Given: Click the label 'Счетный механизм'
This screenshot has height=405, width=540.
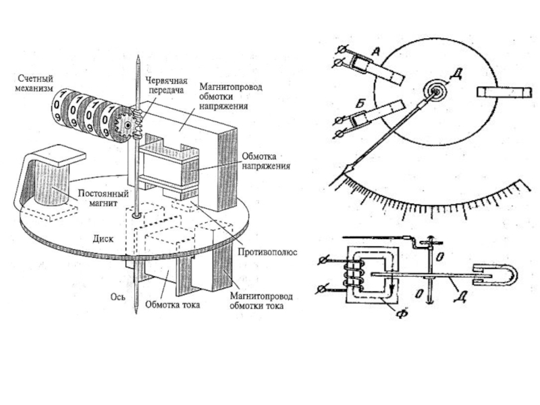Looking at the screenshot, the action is (34, 83).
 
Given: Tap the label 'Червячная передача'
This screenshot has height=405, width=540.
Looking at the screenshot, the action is (166, 86).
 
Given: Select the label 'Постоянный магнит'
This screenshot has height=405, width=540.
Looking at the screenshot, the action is (103, 198).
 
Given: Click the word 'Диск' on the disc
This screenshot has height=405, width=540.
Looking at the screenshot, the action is (103, 239).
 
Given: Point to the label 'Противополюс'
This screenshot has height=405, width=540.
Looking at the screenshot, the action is (267, 252).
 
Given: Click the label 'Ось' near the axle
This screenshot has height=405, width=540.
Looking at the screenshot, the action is (118, 296).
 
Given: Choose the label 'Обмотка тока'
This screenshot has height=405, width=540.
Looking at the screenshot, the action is (173, 304).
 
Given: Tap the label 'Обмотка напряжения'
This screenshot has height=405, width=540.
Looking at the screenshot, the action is (266, 161).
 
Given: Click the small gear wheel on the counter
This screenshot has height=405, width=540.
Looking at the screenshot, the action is (126, 126).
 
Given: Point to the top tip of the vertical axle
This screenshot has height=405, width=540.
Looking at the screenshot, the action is (138, 56).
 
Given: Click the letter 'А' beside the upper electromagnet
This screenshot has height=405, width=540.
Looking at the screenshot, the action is (376, 52).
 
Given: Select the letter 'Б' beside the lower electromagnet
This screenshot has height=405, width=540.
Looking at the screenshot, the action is (360, 103).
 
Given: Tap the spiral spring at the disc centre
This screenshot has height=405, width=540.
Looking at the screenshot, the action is (435, 91).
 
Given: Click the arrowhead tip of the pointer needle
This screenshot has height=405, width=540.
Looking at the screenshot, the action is (344, 173).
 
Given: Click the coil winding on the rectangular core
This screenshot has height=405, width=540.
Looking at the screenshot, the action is (352, 273).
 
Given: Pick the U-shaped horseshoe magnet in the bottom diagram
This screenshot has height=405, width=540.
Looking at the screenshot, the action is (495, 275).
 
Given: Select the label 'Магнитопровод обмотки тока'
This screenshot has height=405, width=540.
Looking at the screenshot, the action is (261, 300).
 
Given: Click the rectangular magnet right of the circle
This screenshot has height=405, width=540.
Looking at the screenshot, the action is (504, 92).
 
